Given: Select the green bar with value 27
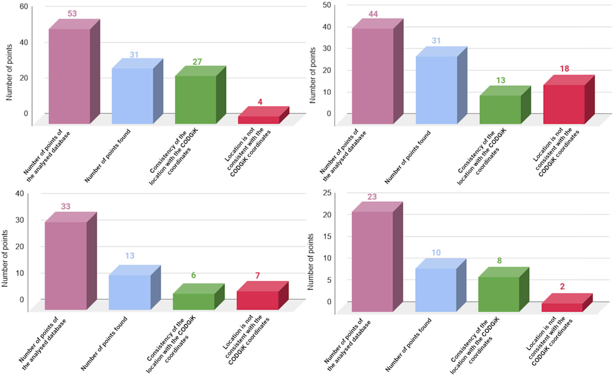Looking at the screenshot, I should [x=196, y=100].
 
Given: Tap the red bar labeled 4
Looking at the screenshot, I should [x=258, y=120].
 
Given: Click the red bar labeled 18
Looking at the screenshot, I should [x=564, y=104].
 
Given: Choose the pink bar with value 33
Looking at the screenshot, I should [x=66, y=265].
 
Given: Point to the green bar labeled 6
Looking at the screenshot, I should [x=193, y=301].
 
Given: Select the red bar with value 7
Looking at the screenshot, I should [x=258, y=300].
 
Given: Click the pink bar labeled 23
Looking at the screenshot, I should [x=372, y=261].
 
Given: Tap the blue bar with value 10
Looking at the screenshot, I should [x=436, y=290].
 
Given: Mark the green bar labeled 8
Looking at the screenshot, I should [x=499, y=294].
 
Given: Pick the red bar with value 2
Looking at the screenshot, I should [x=562, y=307].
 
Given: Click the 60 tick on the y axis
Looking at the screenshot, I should [x=24, y=6].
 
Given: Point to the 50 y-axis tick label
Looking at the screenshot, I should [x=327, y=5].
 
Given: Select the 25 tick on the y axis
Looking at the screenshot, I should [x=327, y=193].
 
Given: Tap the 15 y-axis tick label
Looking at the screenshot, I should [x=327, y=236].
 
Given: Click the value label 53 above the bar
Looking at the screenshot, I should [x=72, y=14].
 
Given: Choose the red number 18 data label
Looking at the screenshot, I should [x=564, y=69].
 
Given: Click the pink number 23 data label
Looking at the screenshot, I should [x=372, y=197].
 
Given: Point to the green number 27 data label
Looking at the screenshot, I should [x=197, y=62].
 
